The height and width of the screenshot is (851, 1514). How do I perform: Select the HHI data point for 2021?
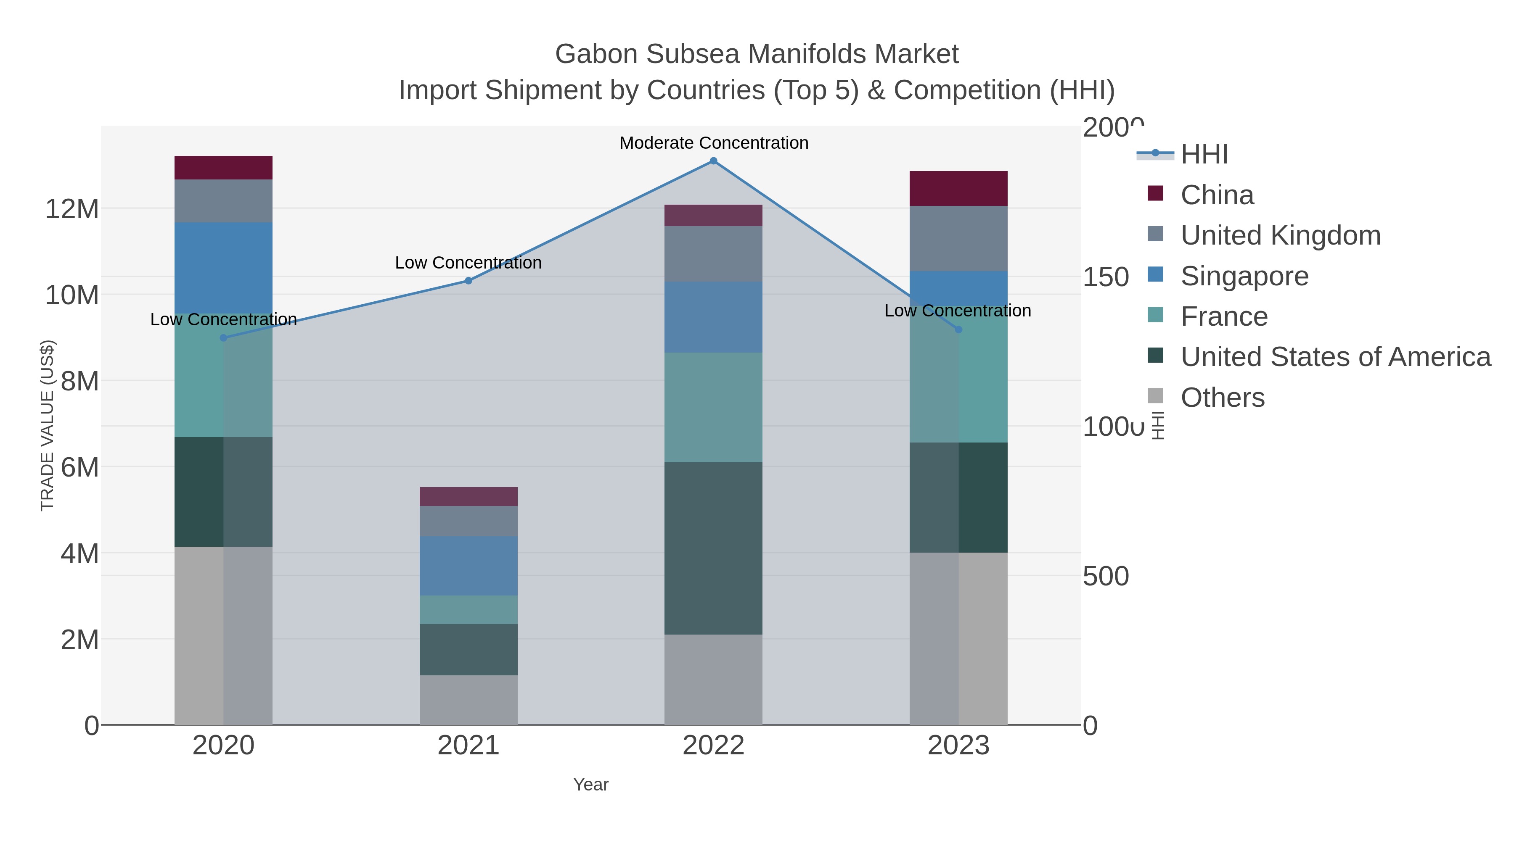tap(468, 281)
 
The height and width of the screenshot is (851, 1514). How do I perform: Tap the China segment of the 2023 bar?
tap(958, 189)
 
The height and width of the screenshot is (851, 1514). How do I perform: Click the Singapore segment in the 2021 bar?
tap(468, 566)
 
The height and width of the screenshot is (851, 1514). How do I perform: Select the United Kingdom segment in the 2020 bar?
tap(223, 201)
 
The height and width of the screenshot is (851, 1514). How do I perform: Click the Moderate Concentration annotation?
tap(714, 143)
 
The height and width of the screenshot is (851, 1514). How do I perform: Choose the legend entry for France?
tap(1224, 316)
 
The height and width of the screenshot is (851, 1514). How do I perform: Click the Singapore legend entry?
tap(1244, 276)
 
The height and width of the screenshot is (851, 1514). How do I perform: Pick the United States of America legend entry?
tap(1335, 357)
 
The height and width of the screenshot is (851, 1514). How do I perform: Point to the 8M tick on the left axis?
tap(79, 381)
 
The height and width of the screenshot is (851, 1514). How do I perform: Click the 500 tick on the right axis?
tap(1106, 576)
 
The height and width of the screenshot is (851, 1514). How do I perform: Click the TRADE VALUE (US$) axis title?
tap(47, 425)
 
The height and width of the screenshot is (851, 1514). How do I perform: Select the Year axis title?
tap(591, 785)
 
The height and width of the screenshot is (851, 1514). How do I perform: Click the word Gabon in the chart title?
tap(596, 54)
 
